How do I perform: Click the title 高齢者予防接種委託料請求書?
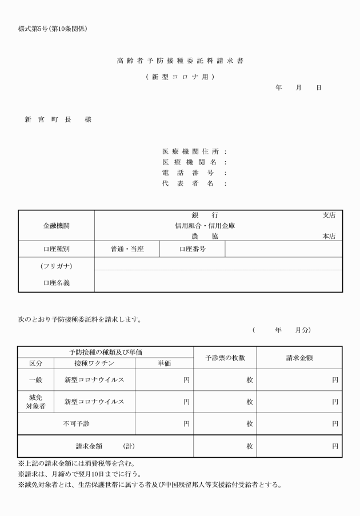(x=180, y=61)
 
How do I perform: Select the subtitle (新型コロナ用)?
(x=180, y=77)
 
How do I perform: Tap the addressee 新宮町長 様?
(x=58, y=120)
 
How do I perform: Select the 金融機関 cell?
(x=56, y=226)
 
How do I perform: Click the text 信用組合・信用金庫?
(x=205, y=226)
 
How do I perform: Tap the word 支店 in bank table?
(x=329, y=215)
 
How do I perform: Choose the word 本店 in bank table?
(x=329, y=236)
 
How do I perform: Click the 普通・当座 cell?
(x=127, y=249)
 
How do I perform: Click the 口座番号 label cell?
(x=192, y=249)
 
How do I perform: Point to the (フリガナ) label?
(x=56, y=266)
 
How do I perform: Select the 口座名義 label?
(x=56, y=282)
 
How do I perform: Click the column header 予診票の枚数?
(x=225, y=358)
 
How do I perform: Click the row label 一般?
(x=35, y=379)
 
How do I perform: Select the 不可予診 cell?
(x=76, y=423)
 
